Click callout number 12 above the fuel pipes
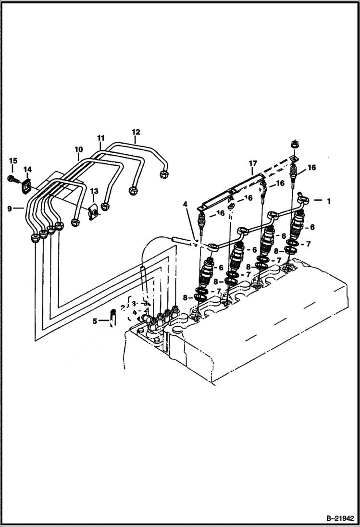click(136, 131)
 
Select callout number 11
click(101, 139)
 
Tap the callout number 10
click(78, 149)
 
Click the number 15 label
click(12, 160)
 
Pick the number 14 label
click(27, 169)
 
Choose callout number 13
click(94, 192)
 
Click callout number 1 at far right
click(329, 202)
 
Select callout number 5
click(95, 320)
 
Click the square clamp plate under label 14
click(27, 185)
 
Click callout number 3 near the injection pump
click(135, 303)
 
